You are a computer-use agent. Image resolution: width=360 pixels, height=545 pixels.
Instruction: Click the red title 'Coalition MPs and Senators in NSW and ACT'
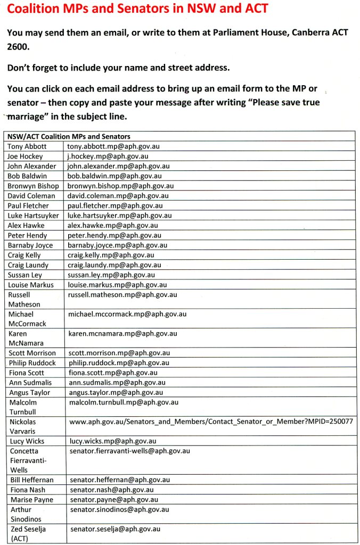pyautogui.click(x=137, y=9)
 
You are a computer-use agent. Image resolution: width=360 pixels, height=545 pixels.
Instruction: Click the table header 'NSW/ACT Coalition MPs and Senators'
pyautogui.click(x=69, y=136)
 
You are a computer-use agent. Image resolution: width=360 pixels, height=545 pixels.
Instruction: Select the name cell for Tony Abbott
pyautogui.click(x=27, y=146)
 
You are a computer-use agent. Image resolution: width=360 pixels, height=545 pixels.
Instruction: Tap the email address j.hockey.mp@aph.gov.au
pyautogui.click(x=108, y=156)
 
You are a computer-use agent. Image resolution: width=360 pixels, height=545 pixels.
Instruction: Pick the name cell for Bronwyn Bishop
pyautogui.click(x=33, y=186)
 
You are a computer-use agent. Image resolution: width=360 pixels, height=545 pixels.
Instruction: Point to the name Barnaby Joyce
pyautogui.click(x=30, y=245)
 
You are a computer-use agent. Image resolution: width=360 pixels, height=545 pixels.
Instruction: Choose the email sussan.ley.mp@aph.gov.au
pyautogui.click(x=111, y=275)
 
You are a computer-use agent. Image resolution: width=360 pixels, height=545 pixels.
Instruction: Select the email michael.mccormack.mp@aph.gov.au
pyautogui.click(x=127, y=314)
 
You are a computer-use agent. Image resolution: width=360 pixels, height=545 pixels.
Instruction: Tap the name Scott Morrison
pyautogui.click(x=32, y=353)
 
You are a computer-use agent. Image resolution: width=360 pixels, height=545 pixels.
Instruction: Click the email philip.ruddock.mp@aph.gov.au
pyautogui.click(x=119, y=362)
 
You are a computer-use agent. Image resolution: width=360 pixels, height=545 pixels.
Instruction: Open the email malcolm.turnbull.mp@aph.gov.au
pyautogui.click(x=124, y=402)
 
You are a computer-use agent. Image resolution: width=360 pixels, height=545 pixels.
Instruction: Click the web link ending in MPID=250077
pyautogui.click(x=211, y=421)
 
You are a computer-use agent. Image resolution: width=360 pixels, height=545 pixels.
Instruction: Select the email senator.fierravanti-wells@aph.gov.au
pyautogui.click(x=130, y=451)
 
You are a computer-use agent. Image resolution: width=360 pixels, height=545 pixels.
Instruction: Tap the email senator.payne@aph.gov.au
pyautogui.click(x=114, y=500)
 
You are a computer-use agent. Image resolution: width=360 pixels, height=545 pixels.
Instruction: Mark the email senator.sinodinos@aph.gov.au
pyautogui.click(x=119, y=509)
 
